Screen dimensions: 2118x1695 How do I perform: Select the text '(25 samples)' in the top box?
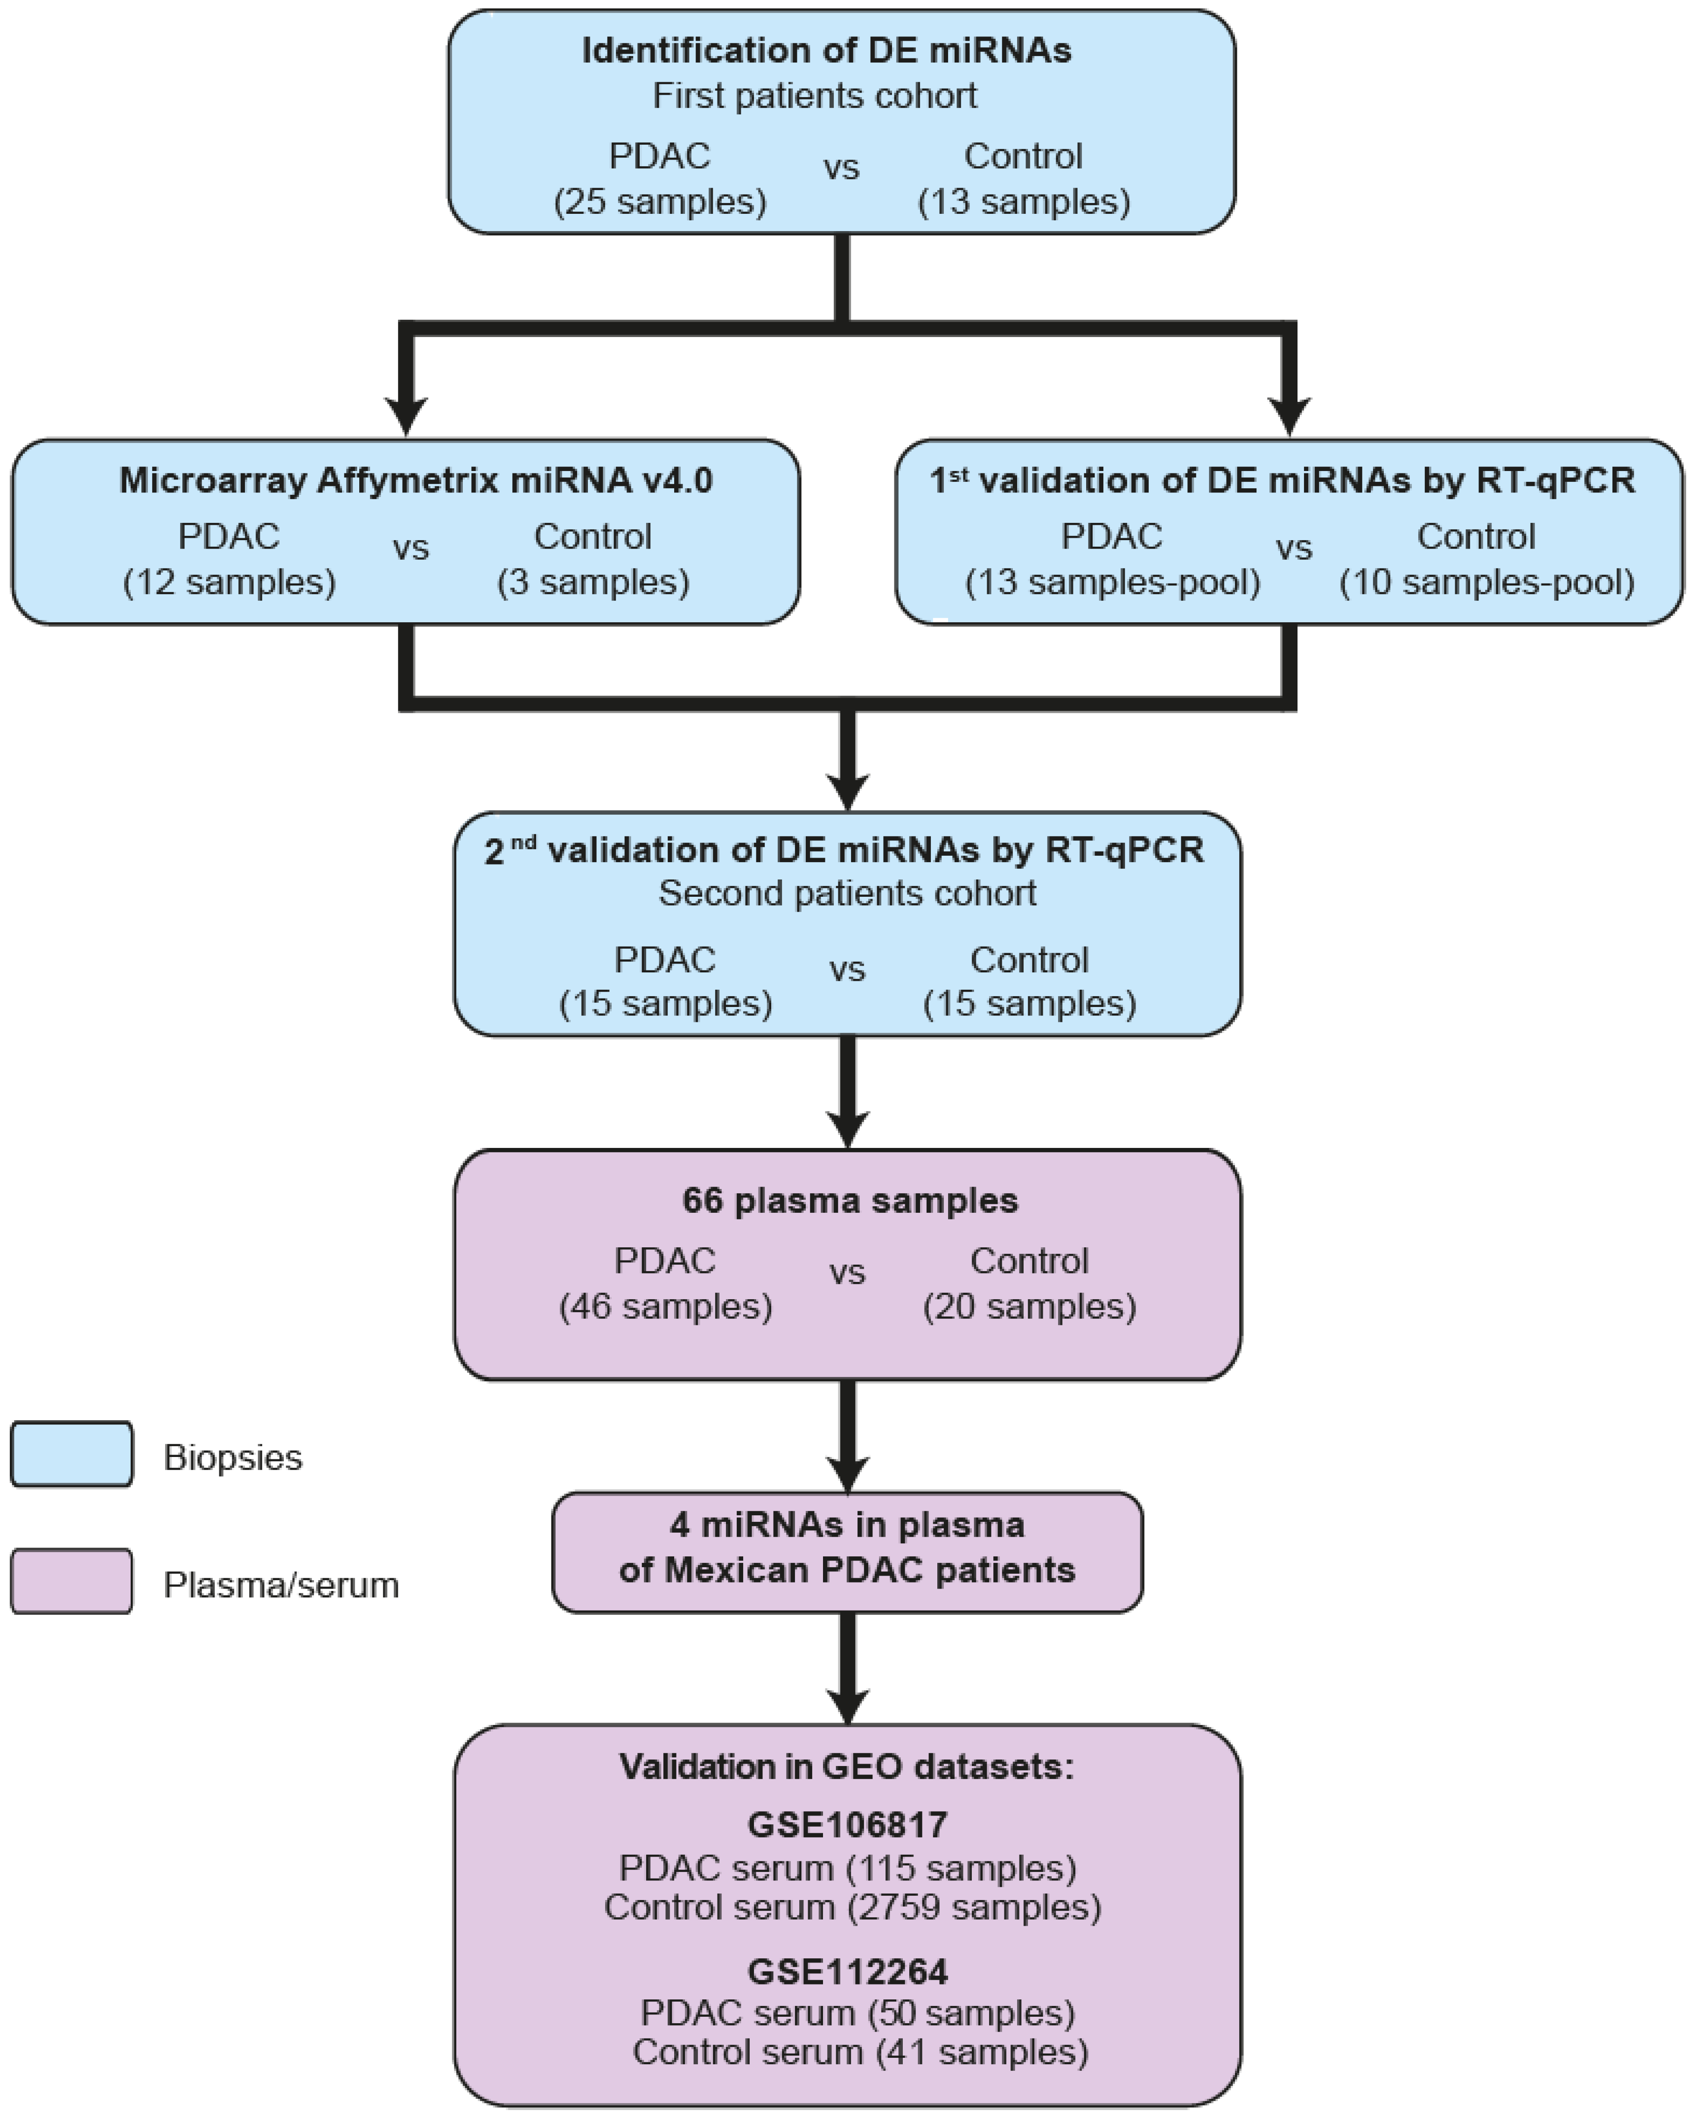[x=660, y=201]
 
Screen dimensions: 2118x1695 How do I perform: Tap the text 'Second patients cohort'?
[x=846, y=893]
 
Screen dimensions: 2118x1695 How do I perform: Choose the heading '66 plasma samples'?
[x=850, y=1201]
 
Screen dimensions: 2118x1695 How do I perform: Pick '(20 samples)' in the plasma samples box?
[x=1029, y=1307]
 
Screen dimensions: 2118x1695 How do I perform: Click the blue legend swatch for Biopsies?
[x=72, y=1454]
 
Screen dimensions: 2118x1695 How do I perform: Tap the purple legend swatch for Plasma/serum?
[x=72, y=1582]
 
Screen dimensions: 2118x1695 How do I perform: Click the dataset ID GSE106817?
[x=846, y=1824]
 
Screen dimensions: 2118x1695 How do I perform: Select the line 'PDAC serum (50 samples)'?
[x=856, y=2013]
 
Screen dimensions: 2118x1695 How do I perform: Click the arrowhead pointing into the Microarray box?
[x=405, y=415]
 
